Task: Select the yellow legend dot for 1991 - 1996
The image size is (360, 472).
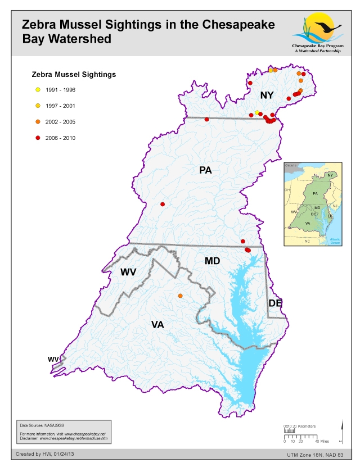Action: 38,89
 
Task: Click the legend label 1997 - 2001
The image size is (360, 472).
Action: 61,106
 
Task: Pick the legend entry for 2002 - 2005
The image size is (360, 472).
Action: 61,122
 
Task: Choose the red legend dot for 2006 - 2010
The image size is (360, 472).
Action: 38,138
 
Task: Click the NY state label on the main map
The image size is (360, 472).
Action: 267,96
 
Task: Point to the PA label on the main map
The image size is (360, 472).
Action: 205,170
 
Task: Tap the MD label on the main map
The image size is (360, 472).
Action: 212,261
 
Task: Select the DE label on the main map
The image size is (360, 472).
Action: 274,303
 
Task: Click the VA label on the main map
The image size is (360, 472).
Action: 159,324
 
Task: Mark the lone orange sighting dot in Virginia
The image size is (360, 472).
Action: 180,296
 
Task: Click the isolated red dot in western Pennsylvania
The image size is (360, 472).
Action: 163,204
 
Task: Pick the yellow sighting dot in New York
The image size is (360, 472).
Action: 257,112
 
